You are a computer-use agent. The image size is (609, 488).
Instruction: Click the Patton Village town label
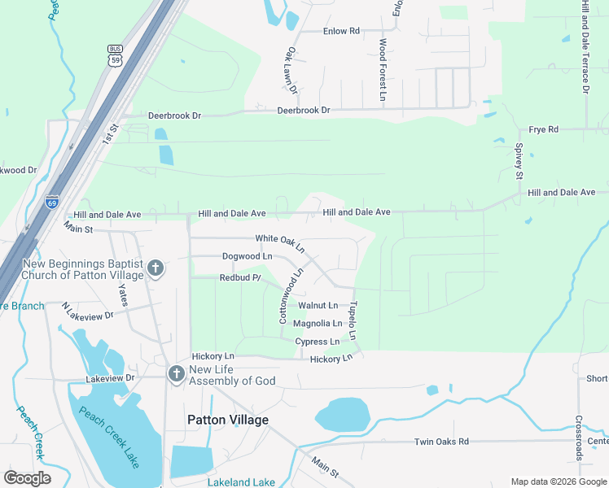click(227, 420)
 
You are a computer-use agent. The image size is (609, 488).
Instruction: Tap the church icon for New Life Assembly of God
click(175, 374)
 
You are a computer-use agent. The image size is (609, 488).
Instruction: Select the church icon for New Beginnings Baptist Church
click(155, 268)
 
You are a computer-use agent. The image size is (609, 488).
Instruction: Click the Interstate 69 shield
click(53, 202)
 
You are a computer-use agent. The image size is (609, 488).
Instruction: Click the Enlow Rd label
click(341, 31)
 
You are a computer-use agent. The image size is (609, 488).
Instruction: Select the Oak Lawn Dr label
click(292, 70)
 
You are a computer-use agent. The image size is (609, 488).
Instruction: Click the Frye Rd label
click(543, 129)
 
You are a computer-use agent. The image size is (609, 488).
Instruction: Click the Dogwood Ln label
click(247, 256)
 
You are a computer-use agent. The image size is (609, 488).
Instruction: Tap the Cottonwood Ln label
click(291, 296)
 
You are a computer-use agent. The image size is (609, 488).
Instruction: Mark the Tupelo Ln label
click(353, 323)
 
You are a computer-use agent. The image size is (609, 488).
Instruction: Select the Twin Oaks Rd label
click(441, 442)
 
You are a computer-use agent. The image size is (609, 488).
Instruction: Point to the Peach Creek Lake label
click(108, 436)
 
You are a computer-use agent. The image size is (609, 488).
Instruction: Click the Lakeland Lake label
click(241, 482)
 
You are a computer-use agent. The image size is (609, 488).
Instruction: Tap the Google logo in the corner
click(27, 478)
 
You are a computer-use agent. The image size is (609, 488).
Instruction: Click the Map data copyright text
click(559, 481)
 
